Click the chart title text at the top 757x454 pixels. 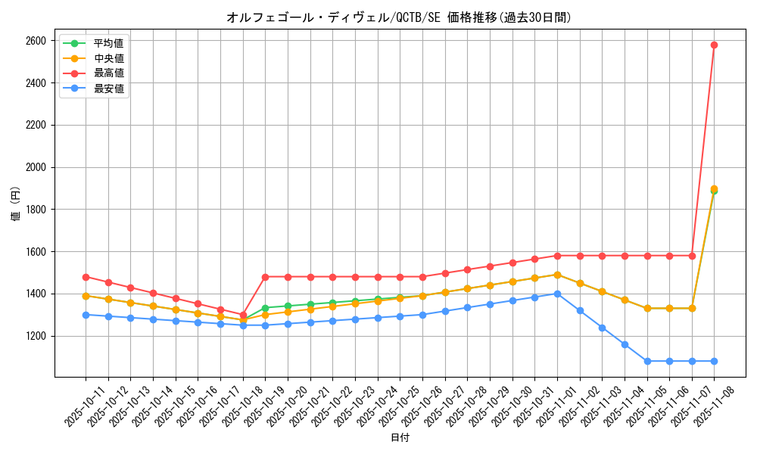pyautogui.click(x=399, y=17)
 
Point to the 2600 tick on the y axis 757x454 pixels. pyautogui.click(x=36, y=41)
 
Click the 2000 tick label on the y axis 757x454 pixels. pyautogui.click(x=36, y=167)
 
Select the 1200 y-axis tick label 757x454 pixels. pyautogui.click(x=36, y=336)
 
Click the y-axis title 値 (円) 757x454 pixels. pyautogui.click(x=14, y=204)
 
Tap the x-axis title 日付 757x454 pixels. pyautogui.click(x=399, y=438)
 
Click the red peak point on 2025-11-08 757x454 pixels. pyautogui.click(x=714, y=45)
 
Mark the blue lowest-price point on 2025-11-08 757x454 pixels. pyautogui.click(x=714, y=361)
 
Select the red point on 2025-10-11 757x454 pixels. pyautogui.click(x=86, y=277)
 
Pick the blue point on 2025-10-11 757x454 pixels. pyautogui.click(x=86, y=315)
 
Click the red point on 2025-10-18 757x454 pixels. pyautogui.click(x=243, y=315)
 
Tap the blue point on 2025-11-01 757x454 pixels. pyautogui.click(x=557, y=294)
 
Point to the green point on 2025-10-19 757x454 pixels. pyautogui.click(x=265, y=308)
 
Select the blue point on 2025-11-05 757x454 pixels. pyautogui.click(x=647, y=361)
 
